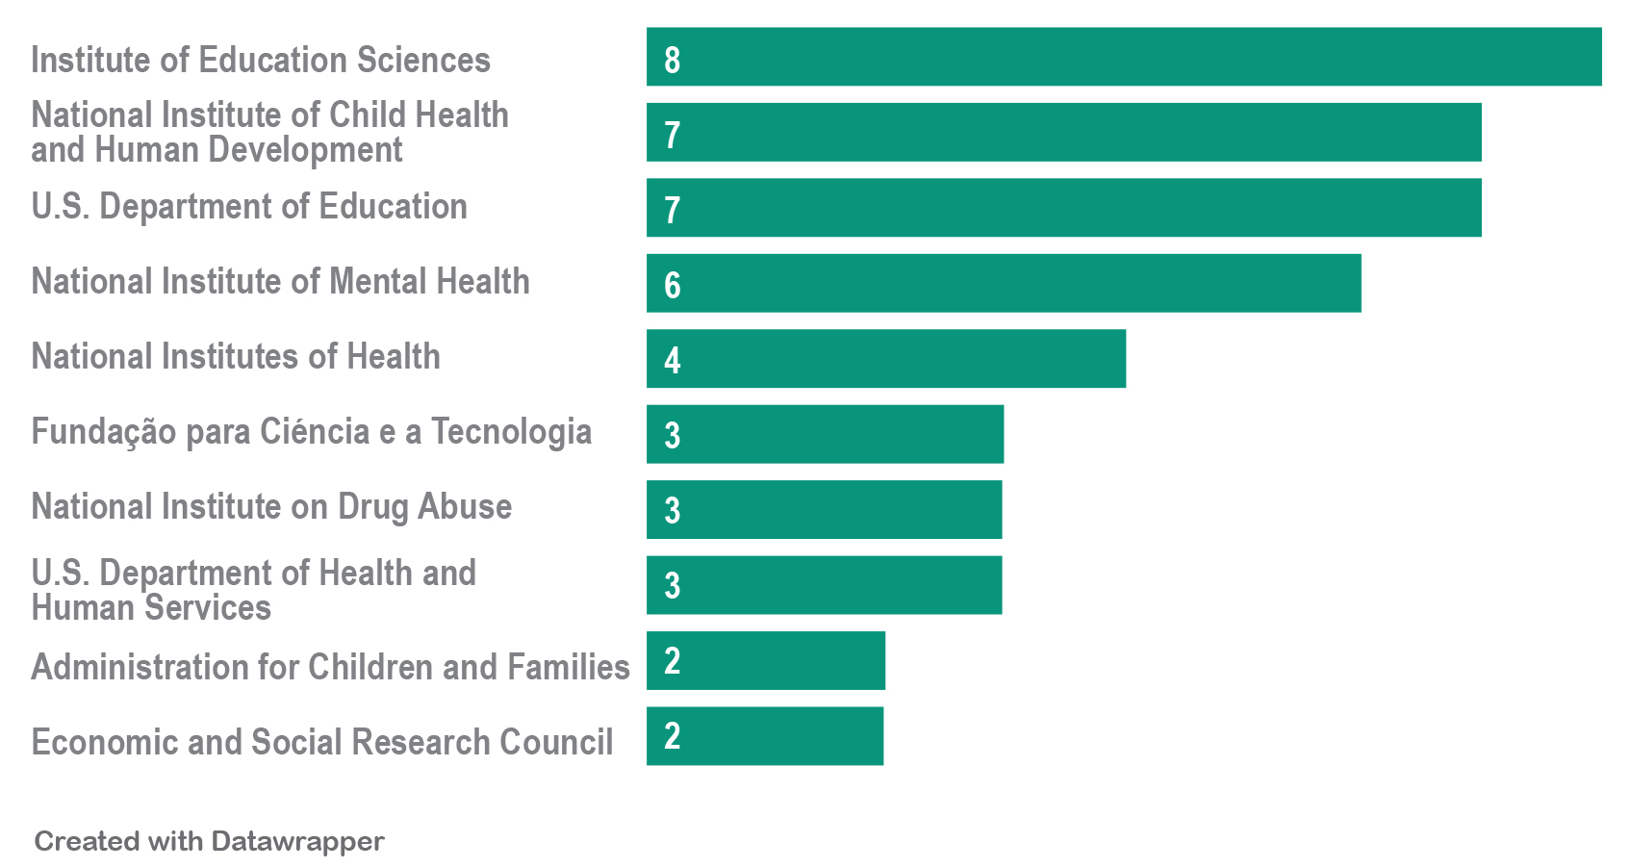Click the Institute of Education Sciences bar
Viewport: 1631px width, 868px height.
click(x=1124, y=57)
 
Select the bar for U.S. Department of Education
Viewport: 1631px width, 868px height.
click(x=1063, y=208)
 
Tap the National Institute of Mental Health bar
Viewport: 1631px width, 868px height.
click(x=1004, y=283)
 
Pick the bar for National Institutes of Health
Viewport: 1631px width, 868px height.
click(x=885, y=359)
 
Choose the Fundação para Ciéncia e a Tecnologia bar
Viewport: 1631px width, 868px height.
click(x=825, y=434)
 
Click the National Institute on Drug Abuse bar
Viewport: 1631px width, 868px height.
click(x=824, y=509)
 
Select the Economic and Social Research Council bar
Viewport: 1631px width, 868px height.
click(x=765, y=736)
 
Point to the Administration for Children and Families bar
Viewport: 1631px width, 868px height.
click(x=766, y=661)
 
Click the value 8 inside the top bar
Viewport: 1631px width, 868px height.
click(x=673, y=60)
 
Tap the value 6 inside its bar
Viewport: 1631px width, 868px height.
click(x=673, y=285)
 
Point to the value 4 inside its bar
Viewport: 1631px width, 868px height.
click(x=673, y=360)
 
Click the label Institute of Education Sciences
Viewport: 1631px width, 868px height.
click(x=261, y=60)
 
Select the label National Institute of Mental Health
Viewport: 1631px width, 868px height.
click(x=280, y=281)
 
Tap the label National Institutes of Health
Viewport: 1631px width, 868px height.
click(x=236, y=356)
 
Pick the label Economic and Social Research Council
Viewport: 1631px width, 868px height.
click(x=322, y=742)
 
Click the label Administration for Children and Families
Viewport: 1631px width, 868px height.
click(x=330, y=667)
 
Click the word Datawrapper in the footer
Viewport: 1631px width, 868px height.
click(x=297, y=841)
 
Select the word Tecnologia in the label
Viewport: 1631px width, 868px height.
click(x=511, y=432)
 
